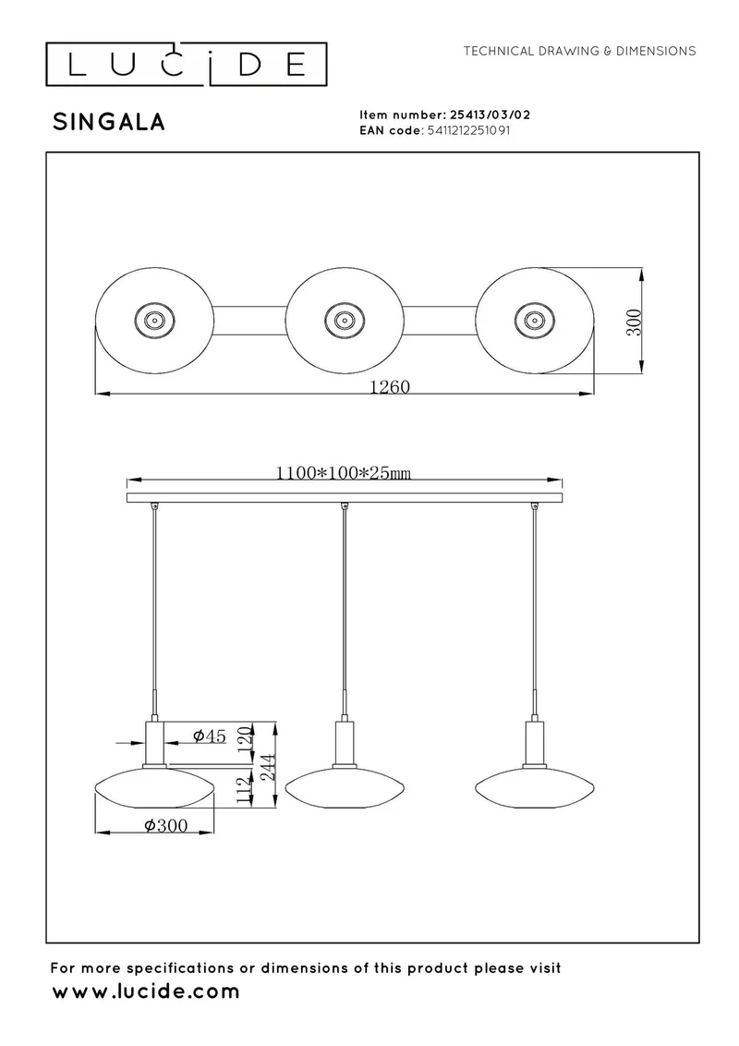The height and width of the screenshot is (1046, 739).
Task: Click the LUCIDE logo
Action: coord(186,64)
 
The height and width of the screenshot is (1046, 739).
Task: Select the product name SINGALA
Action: coord(109,122)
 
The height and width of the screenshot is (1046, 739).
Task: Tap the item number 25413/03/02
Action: coord(491,115)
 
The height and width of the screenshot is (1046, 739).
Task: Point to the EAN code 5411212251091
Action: coord(467,130)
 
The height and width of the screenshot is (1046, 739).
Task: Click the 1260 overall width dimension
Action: coord(390,386)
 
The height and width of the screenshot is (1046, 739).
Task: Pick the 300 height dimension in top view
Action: coord(636,322)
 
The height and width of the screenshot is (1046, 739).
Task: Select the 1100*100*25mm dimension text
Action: coord(344,473)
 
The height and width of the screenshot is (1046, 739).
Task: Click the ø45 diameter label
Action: coord(210,736)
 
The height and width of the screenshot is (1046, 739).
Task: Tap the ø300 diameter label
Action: coord(166,825)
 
